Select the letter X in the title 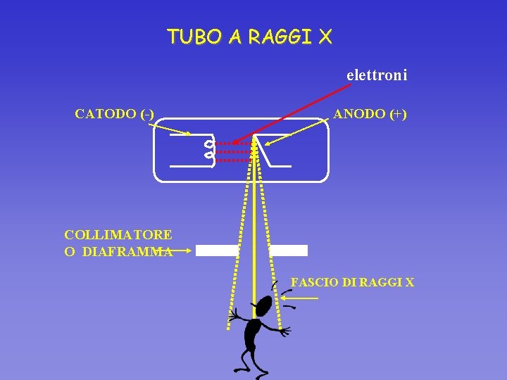pyautogui.click(x=324, y=37)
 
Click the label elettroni pyautogui.click(x=377, y=75)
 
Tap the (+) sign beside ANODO pyautogui.click(x=396, y=114)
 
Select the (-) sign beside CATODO pyautogui.click(x=148, y=114)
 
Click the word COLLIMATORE pyautogui.click(x=118, y=234)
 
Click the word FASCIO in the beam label pyautogui.click(x=314, y=283)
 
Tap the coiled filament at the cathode pyautogui.click(x=208, y=148)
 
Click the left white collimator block pyautogui.click(x=218, y=250)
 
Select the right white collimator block pyautogui.click(x=289, y=250)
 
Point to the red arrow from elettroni pyautogui.click(x=296, y=113)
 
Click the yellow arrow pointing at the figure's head pyautogui.click(x=299, y=298)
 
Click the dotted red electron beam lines pyautogui.click(x=232, y=151)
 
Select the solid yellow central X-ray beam pyautogui.click(x=254, y=225)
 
